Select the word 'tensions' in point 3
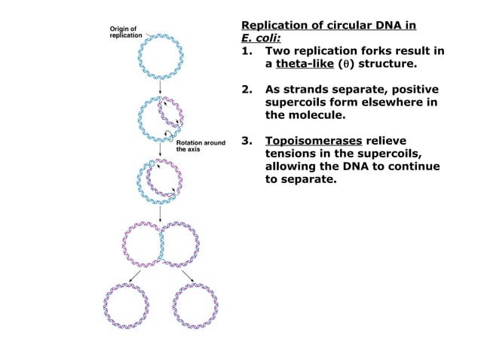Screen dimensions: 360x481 pyautogui.click(x=294, y=154)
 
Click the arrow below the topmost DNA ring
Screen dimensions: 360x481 pyautogui.click(x=160, y=89)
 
